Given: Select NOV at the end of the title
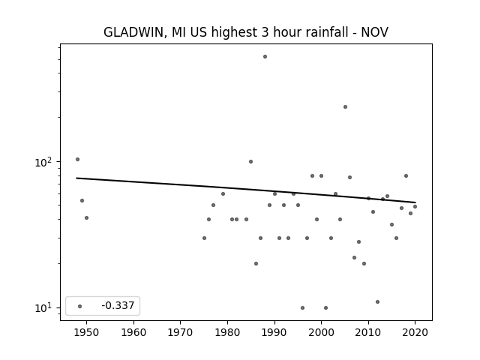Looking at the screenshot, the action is [375, 32].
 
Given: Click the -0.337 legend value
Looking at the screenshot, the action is [118, 305].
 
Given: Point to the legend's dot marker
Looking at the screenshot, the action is [80, 306].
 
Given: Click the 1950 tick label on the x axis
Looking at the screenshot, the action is [86, 332].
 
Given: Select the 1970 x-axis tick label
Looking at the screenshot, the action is [180, 332].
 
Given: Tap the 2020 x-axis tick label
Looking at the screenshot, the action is [415, 332].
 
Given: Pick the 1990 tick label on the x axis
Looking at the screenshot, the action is [274, 332].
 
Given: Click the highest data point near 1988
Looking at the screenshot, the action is [265, 57].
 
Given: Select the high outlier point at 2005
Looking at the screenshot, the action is [345, 106].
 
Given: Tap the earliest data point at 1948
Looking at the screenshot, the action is [77, 159].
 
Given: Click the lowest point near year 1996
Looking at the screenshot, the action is [302, 307].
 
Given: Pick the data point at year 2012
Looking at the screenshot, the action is [377, 301].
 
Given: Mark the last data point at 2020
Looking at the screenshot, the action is [415, 207].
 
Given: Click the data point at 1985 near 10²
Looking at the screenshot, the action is [250, 162].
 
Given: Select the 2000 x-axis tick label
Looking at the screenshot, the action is [321, 332].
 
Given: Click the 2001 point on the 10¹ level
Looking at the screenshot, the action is [325, 307].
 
